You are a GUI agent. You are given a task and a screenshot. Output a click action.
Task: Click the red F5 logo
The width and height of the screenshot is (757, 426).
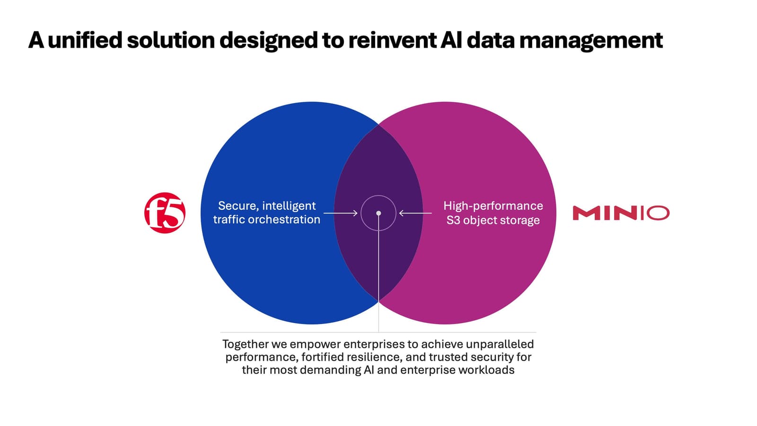pos(165,213)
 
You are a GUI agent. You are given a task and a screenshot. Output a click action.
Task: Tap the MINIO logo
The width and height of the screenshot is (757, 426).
pos(621,213)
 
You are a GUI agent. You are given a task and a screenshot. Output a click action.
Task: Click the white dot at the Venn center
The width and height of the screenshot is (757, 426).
pos(378,213)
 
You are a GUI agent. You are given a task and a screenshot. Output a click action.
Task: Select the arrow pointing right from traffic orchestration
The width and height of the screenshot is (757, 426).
pos(341,213)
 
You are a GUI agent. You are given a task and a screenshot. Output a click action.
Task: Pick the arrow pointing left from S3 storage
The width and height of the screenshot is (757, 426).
pos(415,213)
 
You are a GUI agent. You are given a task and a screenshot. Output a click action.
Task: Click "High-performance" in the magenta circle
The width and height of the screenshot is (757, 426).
pos(493,206)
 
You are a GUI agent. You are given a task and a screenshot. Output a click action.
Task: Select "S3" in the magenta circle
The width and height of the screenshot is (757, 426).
pos(453,220)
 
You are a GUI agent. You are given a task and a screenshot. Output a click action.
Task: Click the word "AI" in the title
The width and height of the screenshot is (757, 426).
pos(452,40)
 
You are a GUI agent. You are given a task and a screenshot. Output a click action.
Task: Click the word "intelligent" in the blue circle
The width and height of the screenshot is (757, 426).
pos(289,206)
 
